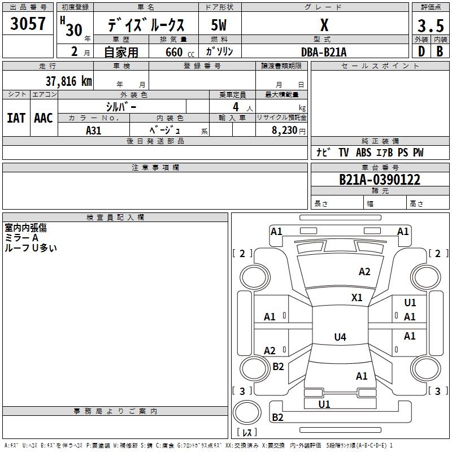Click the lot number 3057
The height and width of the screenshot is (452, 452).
pos(28,24)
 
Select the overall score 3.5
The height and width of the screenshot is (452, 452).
pos(430,26)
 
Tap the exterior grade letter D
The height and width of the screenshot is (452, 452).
pos(421,51)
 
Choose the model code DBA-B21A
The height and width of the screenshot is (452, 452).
pos(324,51)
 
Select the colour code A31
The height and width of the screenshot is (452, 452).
pos(93,129)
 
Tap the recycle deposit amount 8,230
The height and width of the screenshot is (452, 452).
pos(285,130)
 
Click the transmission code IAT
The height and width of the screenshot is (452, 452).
pos(16,118)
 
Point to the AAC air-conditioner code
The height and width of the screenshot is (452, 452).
pos(44,118)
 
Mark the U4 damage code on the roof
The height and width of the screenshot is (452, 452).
pos(340,337)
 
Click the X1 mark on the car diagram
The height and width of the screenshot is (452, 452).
pos(357,297)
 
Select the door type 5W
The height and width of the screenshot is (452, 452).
pos(219,26)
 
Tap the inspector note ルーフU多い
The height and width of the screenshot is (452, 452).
pos(31,247)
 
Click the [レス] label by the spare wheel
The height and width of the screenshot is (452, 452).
pos(249,432)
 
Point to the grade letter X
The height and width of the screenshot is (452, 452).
pos(324,25)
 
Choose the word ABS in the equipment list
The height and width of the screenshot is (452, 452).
pos(363,153)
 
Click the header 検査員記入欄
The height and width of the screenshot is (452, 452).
pos(115,217)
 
